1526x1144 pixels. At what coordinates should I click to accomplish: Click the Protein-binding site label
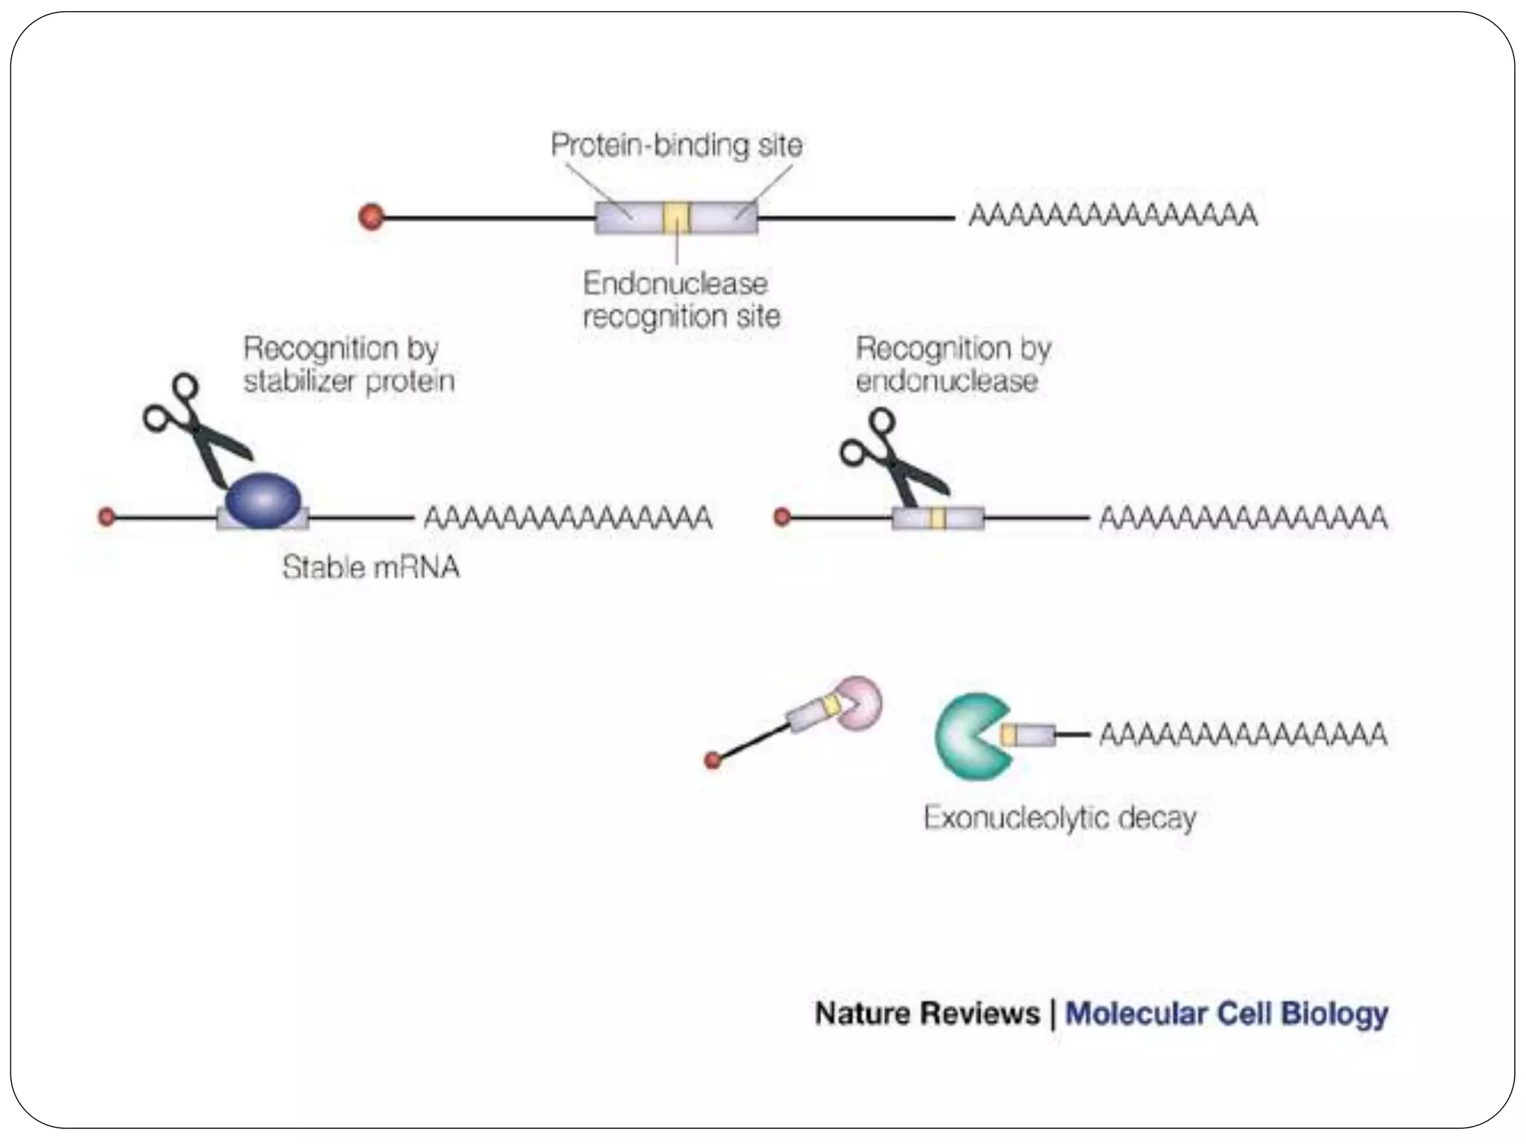(x=676, y=144)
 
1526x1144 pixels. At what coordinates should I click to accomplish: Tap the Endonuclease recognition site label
(x=680, y=299)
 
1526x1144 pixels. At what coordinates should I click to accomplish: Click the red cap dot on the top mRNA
(x=371, y=217)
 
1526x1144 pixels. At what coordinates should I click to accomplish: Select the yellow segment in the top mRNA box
(x=677, y=217)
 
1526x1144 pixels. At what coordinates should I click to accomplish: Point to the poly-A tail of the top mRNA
(x=1113, y=215)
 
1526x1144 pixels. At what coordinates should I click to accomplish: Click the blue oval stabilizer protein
(x=263, y=500)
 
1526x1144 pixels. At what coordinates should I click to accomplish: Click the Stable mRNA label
(x=370, y=568)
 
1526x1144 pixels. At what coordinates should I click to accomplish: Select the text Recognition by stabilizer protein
(x=348, y=364)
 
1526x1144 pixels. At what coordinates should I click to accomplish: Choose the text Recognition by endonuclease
(x=952, y=364)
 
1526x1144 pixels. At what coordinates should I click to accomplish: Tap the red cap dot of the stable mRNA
(x=107, y=516)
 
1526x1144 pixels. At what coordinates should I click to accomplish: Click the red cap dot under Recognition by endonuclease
(x=782, y=516)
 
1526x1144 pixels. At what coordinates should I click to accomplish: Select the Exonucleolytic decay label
(x=1059, y=818)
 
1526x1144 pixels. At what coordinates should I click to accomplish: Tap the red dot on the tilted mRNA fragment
(x=712, y=760)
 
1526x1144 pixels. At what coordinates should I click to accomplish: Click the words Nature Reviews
(x=926, y=1014)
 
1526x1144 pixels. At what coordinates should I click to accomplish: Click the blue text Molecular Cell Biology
(x=1226, y=1014)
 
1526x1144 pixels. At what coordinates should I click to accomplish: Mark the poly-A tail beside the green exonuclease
(x=1243, y=734)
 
